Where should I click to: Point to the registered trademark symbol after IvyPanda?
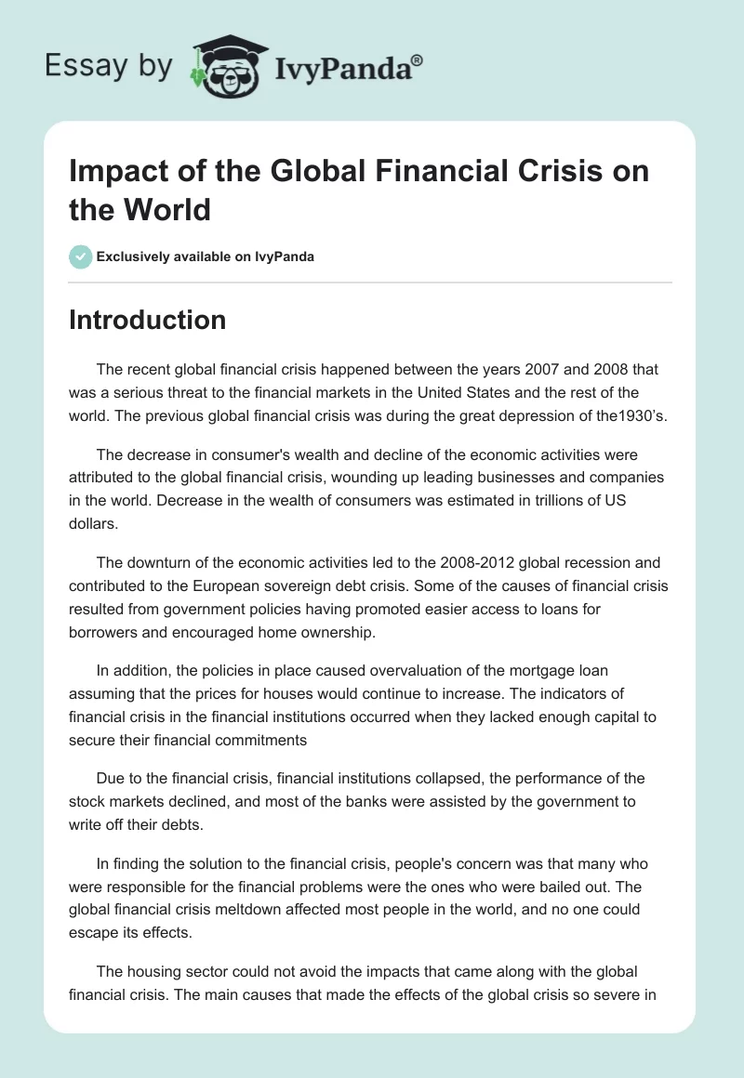[x=417, y=60]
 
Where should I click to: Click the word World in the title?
[x=166, y=210]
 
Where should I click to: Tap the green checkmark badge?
[x=81, y=256]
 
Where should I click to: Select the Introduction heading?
[x=147, y=320]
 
